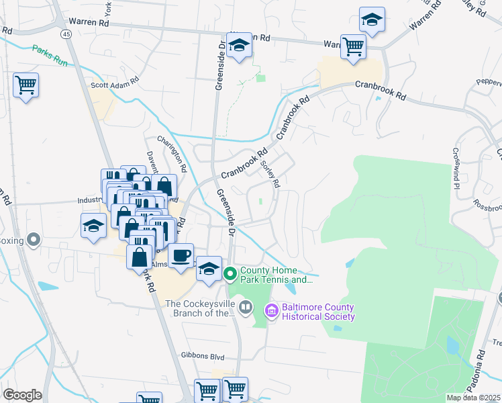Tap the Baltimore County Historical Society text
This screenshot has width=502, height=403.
pyautogui.click(x=318, y=312)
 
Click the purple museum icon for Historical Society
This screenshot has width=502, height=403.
pyautogui.click(x=272, y=310)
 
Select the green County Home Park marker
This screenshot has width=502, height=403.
pyautogui.click(x=230, y=273)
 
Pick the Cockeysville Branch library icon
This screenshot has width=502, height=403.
pyautogui.click(x=246, y=307)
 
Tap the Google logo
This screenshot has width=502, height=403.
pyautogui.click(x=22, y=395)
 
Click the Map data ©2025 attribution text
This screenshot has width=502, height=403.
pyautogui.click(x=474, y=398)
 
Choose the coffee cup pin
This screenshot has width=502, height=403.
pyautogui.click(x=181, y=255)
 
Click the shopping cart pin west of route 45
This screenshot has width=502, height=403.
pyautogui.click(x=26, y=85)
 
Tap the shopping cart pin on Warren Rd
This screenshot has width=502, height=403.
pyautogui.click(x=353, y=46)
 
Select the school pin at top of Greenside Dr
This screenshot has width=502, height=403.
pyautogui.click(x=239, y=45)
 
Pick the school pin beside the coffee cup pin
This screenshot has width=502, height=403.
pyautogui.click(x=209, y=269)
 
